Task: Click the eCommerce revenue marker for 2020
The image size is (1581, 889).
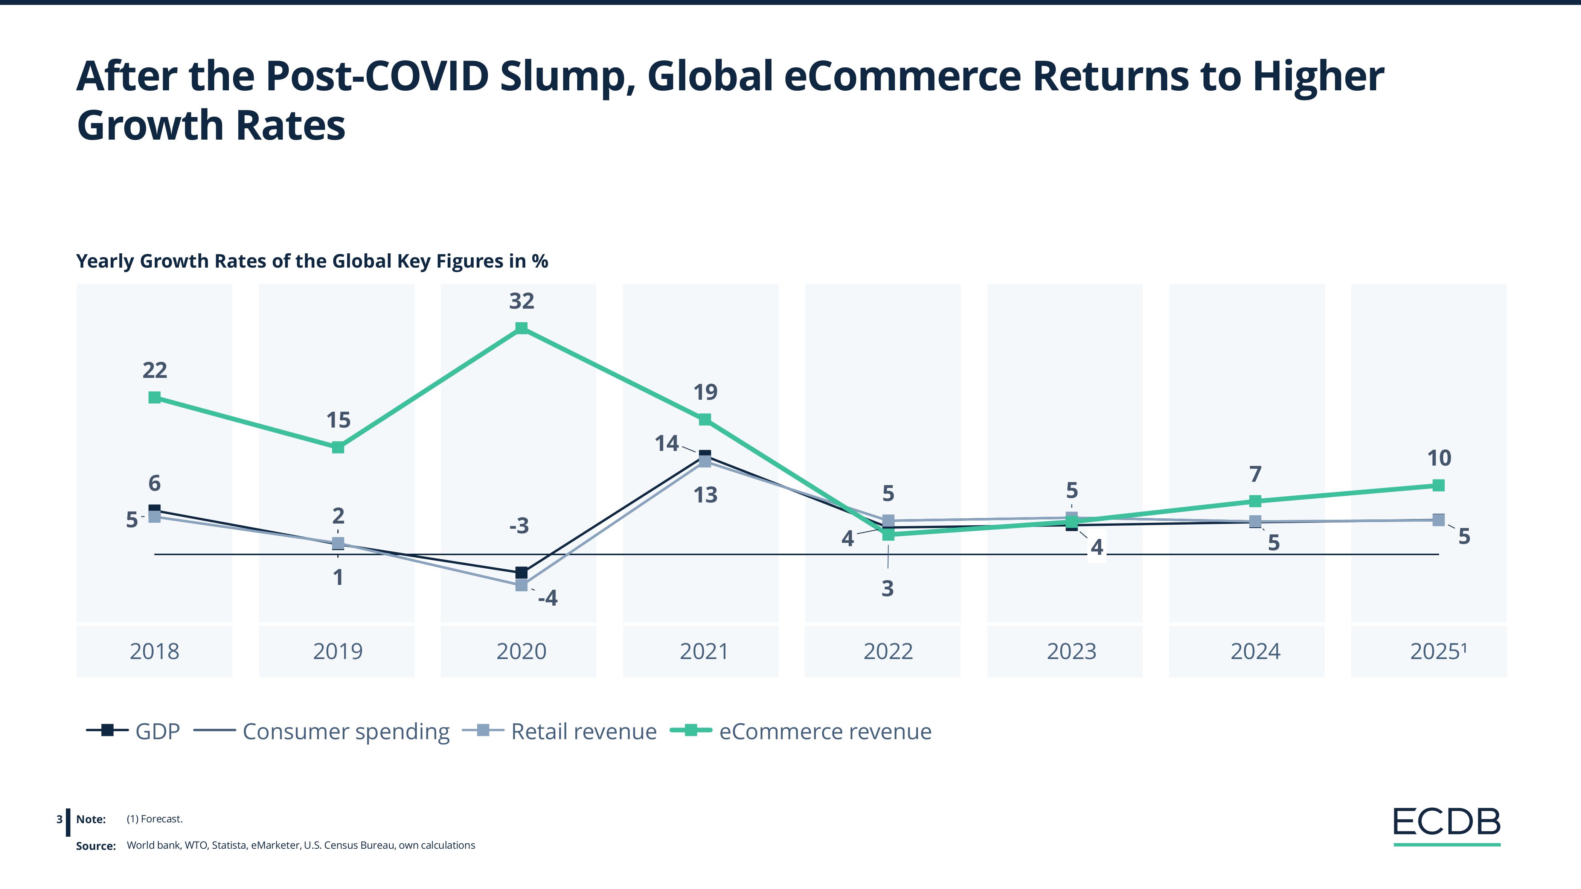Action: (521, 328)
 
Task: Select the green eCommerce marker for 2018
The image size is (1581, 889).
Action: (155, 397)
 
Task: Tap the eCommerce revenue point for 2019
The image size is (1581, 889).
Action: (338, 447)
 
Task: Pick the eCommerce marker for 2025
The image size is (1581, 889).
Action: (1438, 485)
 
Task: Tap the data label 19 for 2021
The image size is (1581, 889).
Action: (705, 392)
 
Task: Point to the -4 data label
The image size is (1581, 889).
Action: (547, 598)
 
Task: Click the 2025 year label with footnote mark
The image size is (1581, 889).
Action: (1438, 651)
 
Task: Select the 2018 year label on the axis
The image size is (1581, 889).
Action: (155, 651)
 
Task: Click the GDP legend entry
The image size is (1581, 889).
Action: (133, 731)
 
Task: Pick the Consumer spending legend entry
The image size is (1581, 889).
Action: (322, 731)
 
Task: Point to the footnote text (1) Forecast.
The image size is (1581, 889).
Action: (155, 819)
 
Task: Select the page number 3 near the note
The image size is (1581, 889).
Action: (59, 819)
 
